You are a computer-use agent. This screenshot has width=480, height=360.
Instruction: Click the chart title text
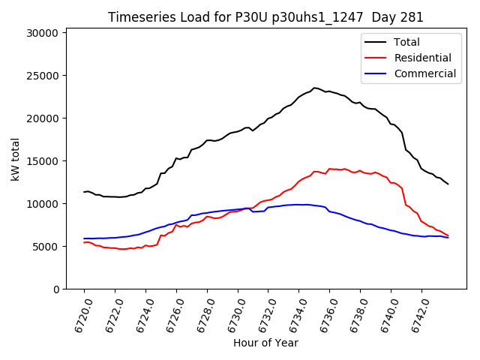point(265,17)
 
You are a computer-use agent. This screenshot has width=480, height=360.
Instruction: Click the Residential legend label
point(423,58)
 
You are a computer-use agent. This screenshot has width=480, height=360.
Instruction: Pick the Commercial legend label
point(424,73)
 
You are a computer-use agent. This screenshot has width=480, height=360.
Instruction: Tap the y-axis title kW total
point(16,159)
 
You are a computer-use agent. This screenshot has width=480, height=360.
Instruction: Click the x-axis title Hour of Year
point(265,343)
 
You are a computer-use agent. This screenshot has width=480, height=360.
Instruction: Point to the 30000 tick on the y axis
point(43,33)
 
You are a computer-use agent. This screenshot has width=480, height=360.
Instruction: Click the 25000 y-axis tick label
point(43,76)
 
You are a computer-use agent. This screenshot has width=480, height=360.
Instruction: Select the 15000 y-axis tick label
point(43,161)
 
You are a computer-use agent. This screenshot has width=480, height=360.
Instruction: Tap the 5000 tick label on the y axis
point(46,247)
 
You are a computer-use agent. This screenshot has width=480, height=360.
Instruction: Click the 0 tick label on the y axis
point(55,289)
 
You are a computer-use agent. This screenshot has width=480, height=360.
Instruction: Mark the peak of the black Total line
point(314,88)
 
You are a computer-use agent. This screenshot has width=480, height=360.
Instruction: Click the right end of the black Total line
point(448,184)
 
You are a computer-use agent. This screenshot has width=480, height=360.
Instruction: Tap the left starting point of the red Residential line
point(84,242)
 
